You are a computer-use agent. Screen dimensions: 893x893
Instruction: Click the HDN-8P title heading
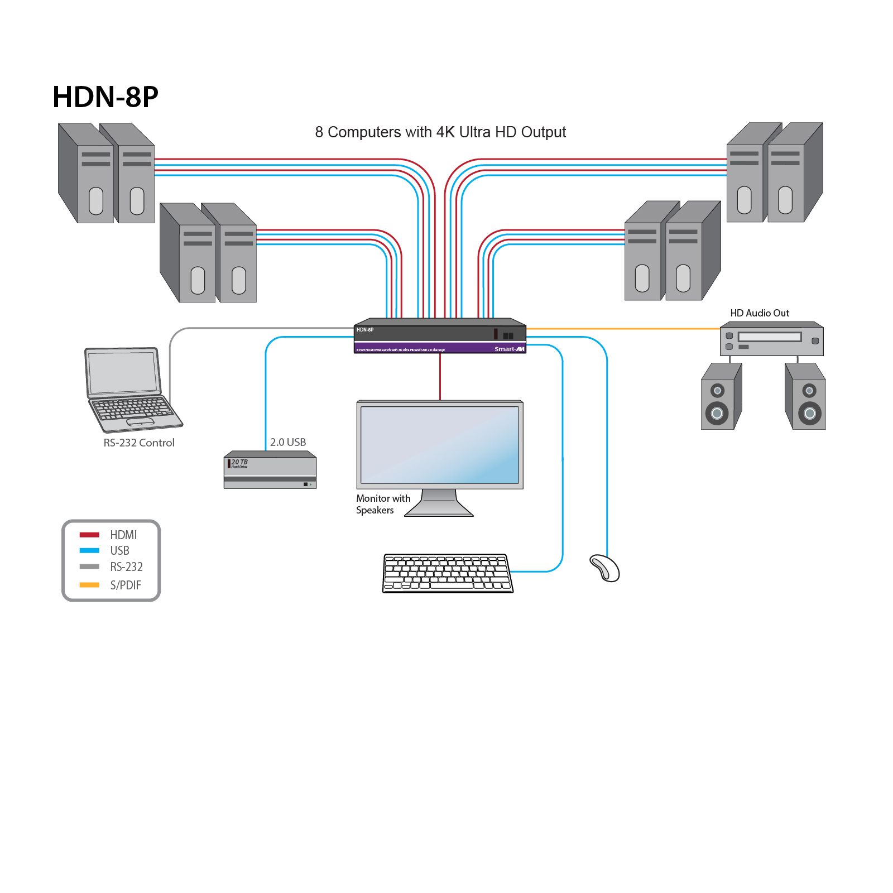click(x=105, y=97)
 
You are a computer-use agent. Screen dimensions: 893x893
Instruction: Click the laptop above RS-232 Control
click(x=129, y=391)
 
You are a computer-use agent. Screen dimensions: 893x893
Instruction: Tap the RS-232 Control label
click(x=139, y=443)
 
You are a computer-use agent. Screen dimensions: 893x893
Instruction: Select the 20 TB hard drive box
click(x=270, y=470)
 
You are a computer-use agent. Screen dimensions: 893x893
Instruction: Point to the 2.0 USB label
click(x=288, y=442)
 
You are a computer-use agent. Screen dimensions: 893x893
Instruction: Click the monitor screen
click(x=440, y=445)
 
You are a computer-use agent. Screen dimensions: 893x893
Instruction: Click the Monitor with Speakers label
click(x=383, y=504)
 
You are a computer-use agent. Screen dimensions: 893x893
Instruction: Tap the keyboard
click(x=447, y=573)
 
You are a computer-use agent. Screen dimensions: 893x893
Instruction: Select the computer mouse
click(x=605, y=568)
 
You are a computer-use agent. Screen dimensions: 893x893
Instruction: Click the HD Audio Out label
click(x=760, y=313)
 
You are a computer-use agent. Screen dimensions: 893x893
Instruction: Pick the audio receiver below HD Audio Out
click(x=771, y=340)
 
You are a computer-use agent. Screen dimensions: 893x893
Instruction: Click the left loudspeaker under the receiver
click(x=721, y=397)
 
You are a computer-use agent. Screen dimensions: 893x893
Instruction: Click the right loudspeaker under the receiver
click(x=805, y=397)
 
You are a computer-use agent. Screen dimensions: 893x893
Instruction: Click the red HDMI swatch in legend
click(x=89, y=535)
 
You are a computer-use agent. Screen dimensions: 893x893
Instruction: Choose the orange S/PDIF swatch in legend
click(x=89, y=585)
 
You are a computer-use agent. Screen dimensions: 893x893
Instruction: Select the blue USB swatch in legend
click(x=89, y=550)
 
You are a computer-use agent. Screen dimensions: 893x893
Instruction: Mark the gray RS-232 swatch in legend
click(x=89, y=566)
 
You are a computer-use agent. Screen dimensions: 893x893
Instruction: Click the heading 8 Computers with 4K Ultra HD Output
click(x=440, y=132)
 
